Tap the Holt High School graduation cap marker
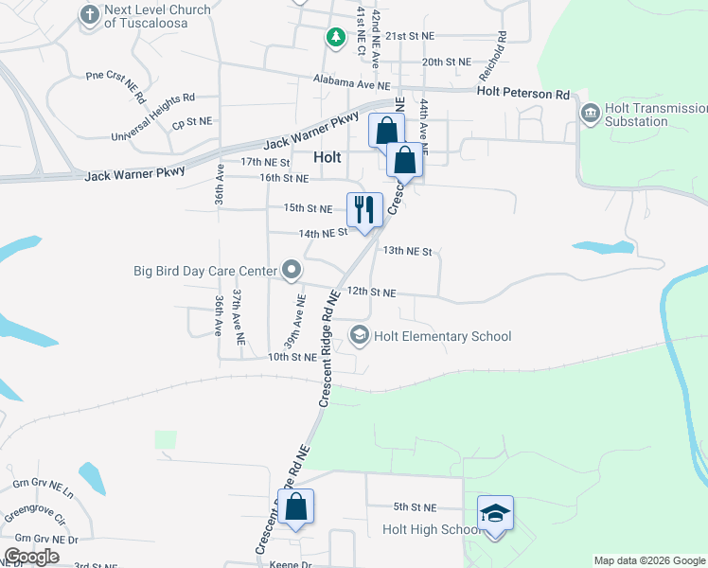pos(495,513)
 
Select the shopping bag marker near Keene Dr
pos(296,506)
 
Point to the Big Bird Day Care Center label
pos(205,271)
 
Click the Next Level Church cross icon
pos(90,14)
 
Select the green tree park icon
pos(335,37)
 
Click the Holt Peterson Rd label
pos(523,93)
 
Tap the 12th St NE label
pos(371,293)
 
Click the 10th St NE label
pos(292,357)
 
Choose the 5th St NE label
pos(415,507)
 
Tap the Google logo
pos(31,557)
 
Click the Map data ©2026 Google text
pos(648,560)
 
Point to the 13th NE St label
pos(407,252)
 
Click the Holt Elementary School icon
pos(360,335)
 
